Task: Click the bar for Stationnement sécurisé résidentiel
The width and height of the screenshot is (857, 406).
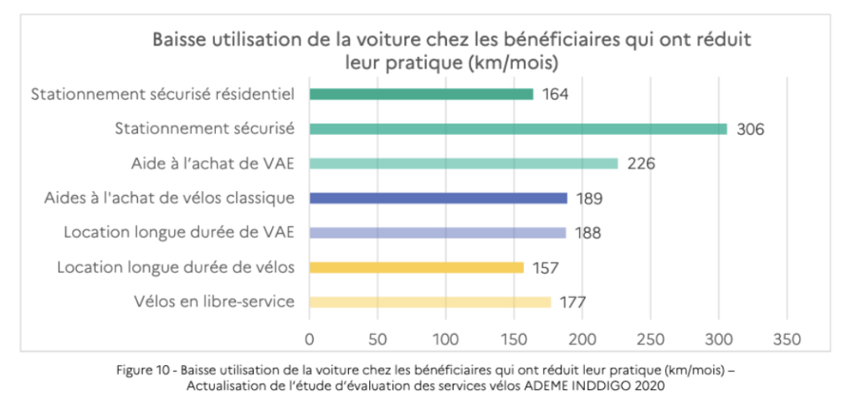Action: pos(421,94)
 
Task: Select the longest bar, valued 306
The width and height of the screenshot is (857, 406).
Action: pos(518,129)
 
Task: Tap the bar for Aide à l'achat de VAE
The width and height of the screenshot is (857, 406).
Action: pos(464,163)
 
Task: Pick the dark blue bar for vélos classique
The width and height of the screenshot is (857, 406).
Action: pos(439,198)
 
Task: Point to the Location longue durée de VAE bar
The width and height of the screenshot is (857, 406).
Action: pos(438,233)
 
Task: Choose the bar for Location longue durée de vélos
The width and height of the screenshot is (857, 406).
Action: pos(417,268)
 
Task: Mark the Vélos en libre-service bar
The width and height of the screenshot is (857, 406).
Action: pos(430,302)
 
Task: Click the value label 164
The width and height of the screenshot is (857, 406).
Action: pos(555,95)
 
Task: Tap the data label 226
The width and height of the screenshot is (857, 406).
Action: pos(640,164)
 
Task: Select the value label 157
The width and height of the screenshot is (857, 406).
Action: pos(545,269)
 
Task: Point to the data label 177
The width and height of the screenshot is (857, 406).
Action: pos(572,303)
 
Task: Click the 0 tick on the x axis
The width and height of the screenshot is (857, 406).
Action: pos(310,339)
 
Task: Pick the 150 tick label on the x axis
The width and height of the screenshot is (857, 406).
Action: pos(514,339)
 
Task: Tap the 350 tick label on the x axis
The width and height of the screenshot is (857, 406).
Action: pos(787,339)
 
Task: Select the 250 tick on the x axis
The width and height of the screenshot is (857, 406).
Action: pos(650,339)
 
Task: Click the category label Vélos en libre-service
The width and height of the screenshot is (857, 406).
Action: pos(214,302)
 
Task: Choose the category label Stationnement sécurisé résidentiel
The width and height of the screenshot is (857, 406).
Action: pos(162,95)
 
